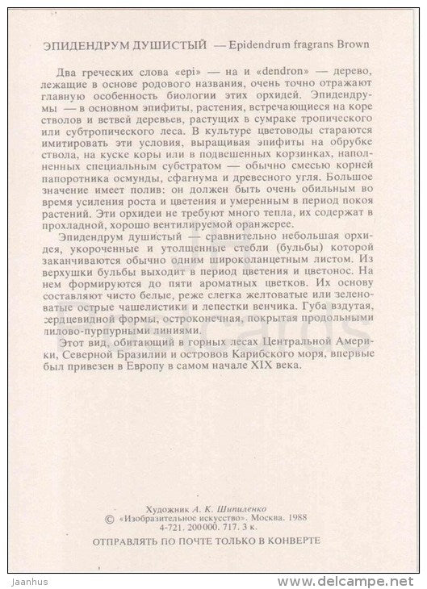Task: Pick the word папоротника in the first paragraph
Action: click(96, 193)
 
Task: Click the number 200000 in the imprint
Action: click(218, 522)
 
